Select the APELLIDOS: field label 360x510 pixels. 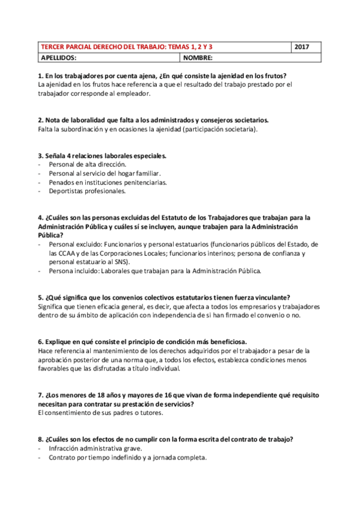(x=58, y=58)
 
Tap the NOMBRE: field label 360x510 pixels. (x=199, y=58)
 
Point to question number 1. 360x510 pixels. (x=40, y=76)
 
